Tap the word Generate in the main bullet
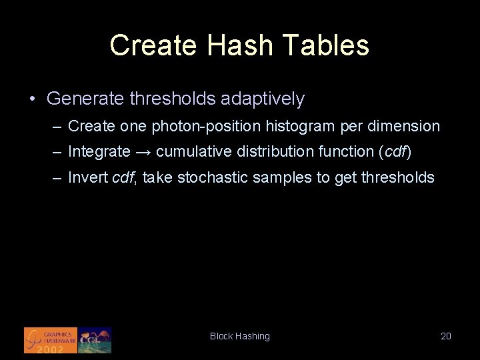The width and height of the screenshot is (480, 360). [85, 99]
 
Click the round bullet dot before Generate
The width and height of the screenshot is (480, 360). [32, 99]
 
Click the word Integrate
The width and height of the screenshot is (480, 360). [99, 152]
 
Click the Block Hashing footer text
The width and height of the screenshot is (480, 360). [240, 337]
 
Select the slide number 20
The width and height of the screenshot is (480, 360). [446, 337]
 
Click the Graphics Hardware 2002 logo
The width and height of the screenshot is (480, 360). [50, 340]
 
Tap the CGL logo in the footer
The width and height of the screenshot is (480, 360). [95, 340]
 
